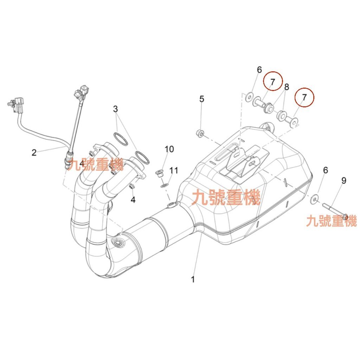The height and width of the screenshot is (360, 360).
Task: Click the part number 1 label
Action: [x=193, y=280]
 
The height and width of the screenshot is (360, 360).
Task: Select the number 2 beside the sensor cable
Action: [x=34, y=153]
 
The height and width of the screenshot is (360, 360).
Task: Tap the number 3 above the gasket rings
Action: [x=116, y=109]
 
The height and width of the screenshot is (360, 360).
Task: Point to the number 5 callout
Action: [x=201, y=99]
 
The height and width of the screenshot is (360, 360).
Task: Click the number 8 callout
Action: [x=287, y=87]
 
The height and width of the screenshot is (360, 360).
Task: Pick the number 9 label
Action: [x=343, y=181]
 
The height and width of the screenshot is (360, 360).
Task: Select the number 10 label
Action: [x=169, y=149]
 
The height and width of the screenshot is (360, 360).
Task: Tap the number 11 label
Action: [x=174, y=171]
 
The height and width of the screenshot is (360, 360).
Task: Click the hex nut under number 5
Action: [x=199, y=134]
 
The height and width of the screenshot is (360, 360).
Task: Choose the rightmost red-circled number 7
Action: [x=304, y=97]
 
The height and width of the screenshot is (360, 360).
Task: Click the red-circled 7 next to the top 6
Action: [x=272, y=81]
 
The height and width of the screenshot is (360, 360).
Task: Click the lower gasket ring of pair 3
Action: [x=141, y=157]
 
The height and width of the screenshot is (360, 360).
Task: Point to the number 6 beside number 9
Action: [x=325, y=170]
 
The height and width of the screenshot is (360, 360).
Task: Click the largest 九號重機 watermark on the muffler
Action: [x=226, y=197]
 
